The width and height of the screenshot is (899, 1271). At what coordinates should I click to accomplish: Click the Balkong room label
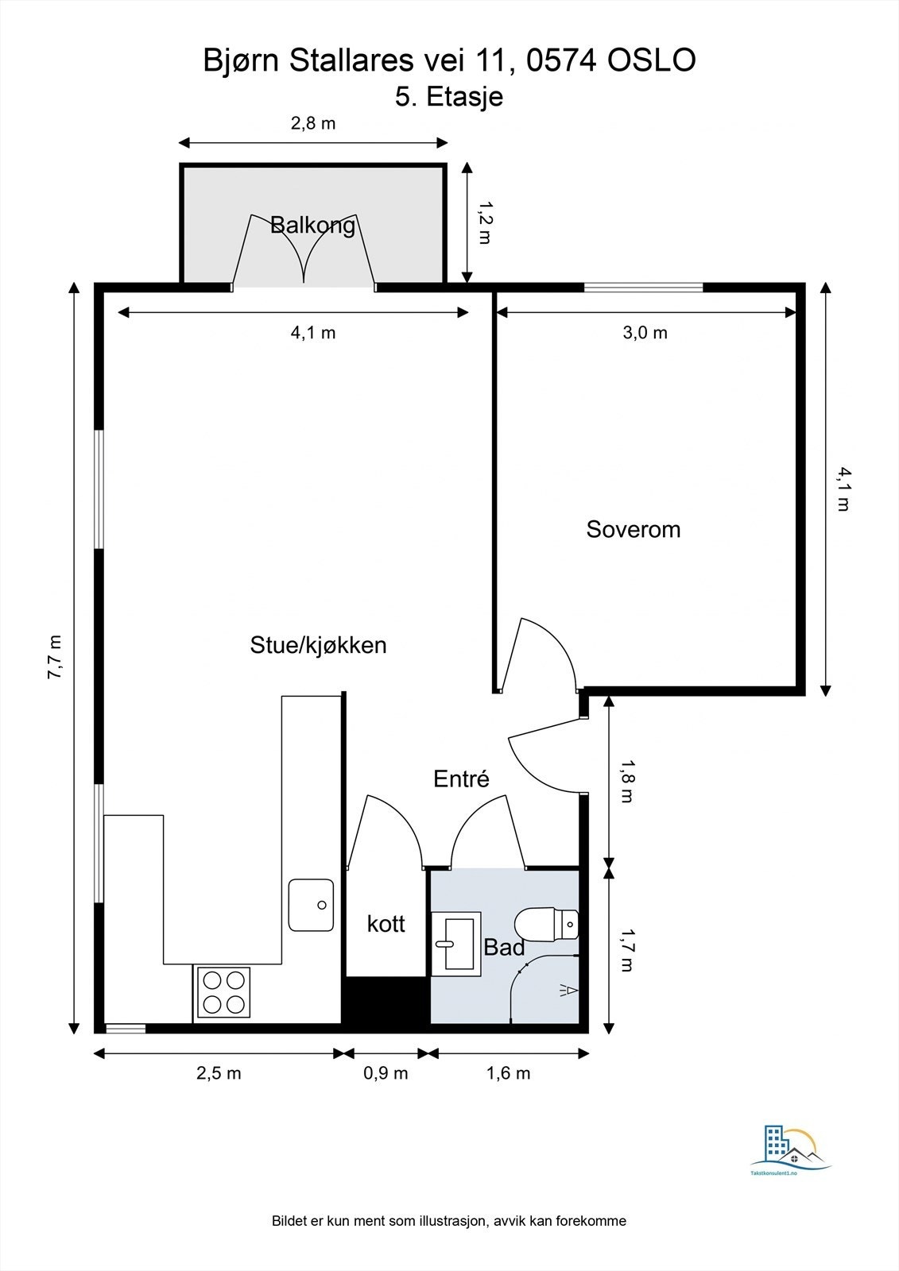[x=313, y=226]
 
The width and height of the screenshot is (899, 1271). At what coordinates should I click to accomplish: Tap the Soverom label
[x=634, y=529]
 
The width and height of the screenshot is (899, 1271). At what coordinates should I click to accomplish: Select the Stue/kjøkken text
[x=318, y=645]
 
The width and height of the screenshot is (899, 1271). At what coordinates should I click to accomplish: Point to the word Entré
[x=461, y=778]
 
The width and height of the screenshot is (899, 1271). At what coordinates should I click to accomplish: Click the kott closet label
[x=386, y=925]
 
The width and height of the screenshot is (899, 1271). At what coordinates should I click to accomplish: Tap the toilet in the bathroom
[x=546, y=925]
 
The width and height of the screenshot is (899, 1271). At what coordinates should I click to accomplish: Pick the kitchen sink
[x=312, y=905]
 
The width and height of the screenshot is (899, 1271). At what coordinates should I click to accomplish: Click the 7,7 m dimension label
[x=55, y=656]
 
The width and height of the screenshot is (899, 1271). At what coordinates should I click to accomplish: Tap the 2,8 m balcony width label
[x=313, y=123]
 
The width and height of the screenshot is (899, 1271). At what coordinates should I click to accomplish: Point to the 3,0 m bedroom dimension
[x=645, y=333]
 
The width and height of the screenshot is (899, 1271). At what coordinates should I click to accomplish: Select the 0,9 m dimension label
[x=386, y=1073]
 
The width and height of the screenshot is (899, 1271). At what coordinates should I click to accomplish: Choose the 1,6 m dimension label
[x=508, y=1073]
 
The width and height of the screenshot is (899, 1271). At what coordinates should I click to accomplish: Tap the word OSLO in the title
[x=652, y=60]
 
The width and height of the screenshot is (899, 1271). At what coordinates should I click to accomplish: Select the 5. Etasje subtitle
[x=449, y=96]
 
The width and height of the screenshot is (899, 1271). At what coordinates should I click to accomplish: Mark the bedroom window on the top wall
[x=643, y=287]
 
